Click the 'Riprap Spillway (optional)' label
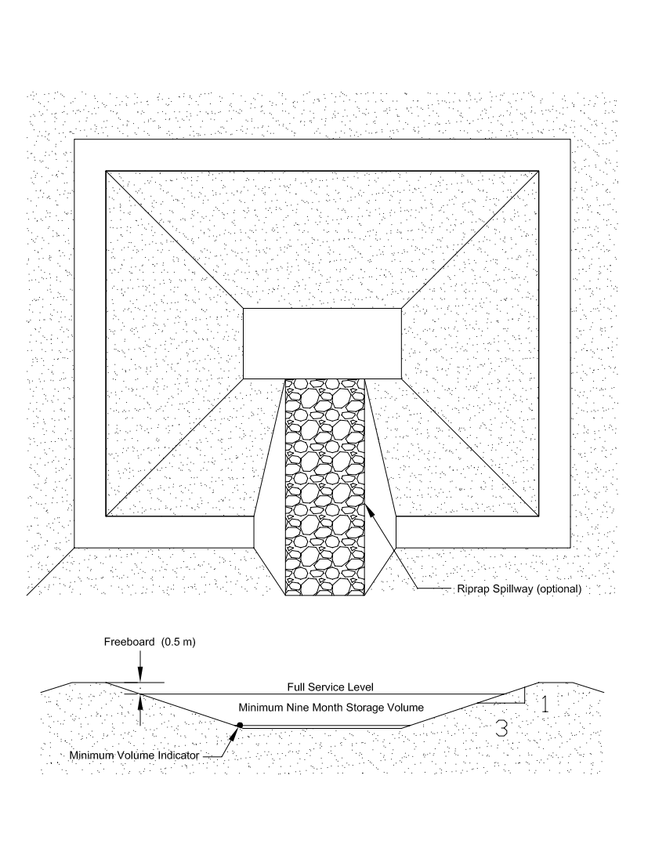pos(519,589)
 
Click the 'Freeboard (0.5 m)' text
pos(150,642)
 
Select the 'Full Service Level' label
pos(330,686)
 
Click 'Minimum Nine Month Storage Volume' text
pos(331,707)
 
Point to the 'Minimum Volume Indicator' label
pos(134,755)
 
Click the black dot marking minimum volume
pos(240,725)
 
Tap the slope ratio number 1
pos(545,704)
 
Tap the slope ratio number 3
pos(501,729)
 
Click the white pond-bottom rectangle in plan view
pos(323,343)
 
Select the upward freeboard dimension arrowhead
pos(140,702)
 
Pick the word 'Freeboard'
pos(129,642)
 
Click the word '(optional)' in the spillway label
pos(559,589)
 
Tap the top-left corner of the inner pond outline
pos(106,171)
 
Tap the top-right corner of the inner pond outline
pos(538,171)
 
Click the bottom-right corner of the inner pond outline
pos(538,516)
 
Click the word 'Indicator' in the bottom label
pos(179,755)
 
